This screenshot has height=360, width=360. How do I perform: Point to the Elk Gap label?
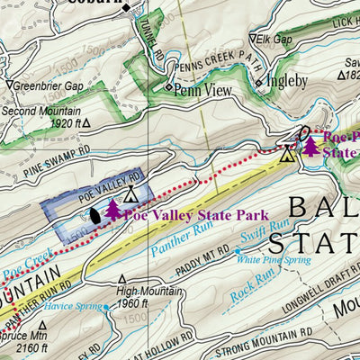pos(276,40)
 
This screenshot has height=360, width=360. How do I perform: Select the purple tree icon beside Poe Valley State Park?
pos(112,210)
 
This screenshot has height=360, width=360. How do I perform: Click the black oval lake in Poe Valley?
pos(94,216)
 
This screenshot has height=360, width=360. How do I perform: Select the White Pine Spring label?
pos(273,260)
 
